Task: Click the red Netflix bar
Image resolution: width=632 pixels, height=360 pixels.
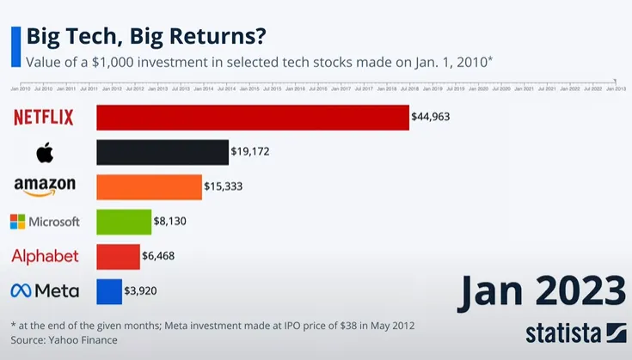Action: (252, 118)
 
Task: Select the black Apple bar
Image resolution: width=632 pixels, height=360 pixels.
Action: (162, 152)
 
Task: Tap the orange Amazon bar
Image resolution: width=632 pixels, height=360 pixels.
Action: (149, 186)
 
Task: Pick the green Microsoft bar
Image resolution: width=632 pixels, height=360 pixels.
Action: (123, 222)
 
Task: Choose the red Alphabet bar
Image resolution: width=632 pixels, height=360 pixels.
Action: (118, 256)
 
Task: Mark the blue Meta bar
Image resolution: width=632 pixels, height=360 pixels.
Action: (109, 290)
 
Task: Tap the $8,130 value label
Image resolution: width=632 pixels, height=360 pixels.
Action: (170, 222)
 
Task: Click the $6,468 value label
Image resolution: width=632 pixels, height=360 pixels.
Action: (160, 256)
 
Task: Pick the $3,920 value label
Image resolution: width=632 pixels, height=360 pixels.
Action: (140, 290)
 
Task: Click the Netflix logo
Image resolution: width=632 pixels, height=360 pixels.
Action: (44, 118)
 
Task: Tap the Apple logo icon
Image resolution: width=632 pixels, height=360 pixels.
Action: (45, 152)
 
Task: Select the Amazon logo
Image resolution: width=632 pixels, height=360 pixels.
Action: (45, 186)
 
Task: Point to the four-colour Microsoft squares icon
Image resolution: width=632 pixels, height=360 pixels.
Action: (17, 222)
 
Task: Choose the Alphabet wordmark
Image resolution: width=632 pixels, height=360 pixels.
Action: (45, 256)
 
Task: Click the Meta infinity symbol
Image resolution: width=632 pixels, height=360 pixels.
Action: (21, 291)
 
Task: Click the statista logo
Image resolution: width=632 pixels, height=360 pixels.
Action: (574, 333)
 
